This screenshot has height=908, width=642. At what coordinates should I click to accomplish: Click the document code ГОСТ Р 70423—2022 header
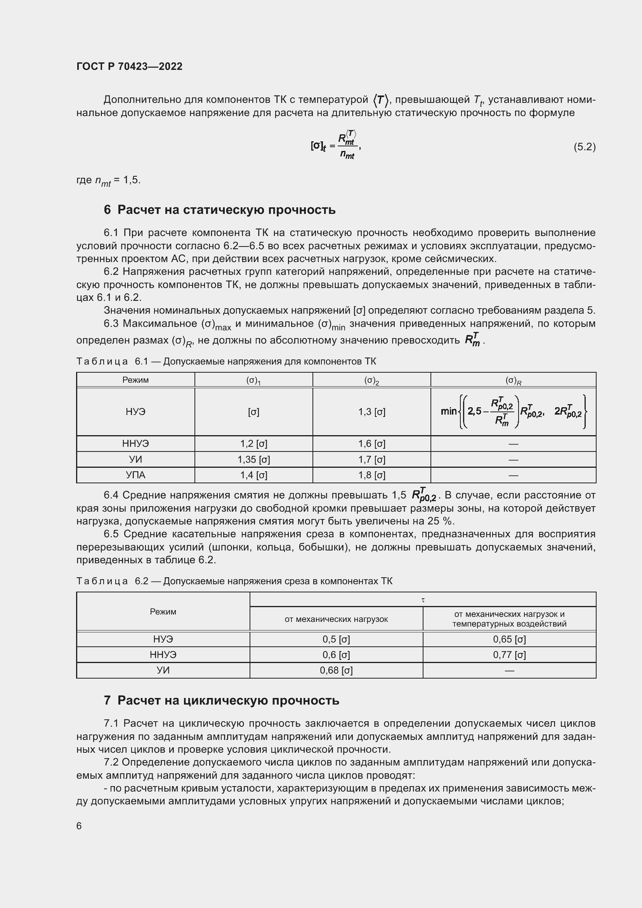click(x=129, y=66)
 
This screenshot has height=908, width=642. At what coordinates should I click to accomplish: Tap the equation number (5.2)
click(x=584, y=147)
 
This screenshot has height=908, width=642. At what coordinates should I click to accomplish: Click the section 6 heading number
click(x=107, y=210)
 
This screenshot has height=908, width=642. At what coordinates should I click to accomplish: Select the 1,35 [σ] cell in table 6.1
click(x=253, y=460)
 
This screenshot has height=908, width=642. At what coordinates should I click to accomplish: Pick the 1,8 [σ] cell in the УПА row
click(x=371, y=475)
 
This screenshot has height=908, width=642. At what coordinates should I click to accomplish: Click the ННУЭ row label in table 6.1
click(x=135, y=444)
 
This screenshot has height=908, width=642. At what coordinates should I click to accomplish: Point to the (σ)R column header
click(x=513, y=380)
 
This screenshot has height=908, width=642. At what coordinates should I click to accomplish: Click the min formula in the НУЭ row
click(x=513, y=411)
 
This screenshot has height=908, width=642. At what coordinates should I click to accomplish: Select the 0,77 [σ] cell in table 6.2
click(x=509, y=655)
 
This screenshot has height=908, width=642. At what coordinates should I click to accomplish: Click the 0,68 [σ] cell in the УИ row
click(x=336, y=670)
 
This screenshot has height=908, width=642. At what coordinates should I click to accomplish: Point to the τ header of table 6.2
click(x=423, y=600)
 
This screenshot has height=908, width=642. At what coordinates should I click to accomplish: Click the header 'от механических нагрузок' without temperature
click(x=336, y=619)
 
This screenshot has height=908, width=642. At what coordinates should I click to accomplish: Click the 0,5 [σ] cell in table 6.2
click(x=336, y=639)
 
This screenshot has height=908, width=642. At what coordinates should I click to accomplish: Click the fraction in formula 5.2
click(x=347, y=145)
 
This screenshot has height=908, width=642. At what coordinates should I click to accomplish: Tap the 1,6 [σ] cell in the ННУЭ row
click(x=371, y=444)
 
